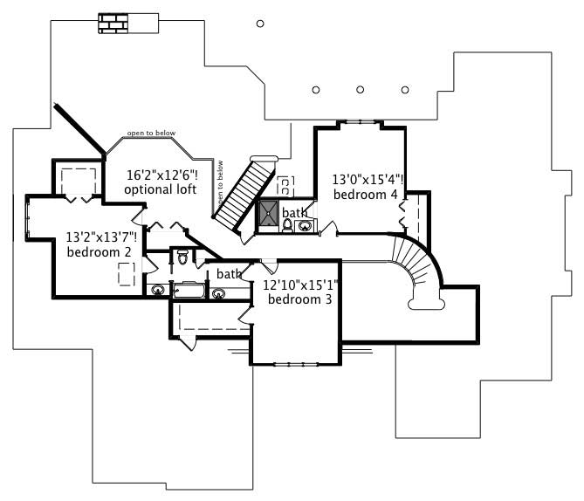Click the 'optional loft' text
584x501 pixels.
(x=159, y=189)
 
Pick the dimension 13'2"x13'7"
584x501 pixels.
(x=101, y=236)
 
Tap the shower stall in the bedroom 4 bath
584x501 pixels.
(x=267, y=212)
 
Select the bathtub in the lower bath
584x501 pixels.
(x=189, y=291)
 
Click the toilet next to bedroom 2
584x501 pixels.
(x=182, y=257)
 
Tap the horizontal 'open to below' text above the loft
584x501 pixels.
(x=151, y=134)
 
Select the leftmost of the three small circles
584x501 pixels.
(x=316, y=89)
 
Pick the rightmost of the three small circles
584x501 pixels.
(x=405, y=89)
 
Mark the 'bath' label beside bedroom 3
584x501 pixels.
(x=229, y=274)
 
